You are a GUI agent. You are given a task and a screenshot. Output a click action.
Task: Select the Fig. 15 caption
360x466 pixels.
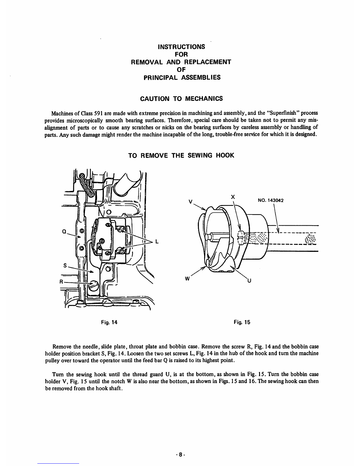(x=242, y=322)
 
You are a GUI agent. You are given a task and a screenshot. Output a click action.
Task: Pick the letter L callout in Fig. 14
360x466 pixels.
(x=157, y=242)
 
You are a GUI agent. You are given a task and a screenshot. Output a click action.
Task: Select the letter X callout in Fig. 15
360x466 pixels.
(x=233, y=197)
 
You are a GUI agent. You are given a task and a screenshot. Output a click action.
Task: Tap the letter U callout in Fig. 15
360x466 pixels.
(x=249, y=280)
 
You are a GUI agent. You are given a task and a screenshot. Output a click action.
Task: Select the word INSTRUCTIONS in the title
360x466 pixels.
(x=181, y=47)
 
